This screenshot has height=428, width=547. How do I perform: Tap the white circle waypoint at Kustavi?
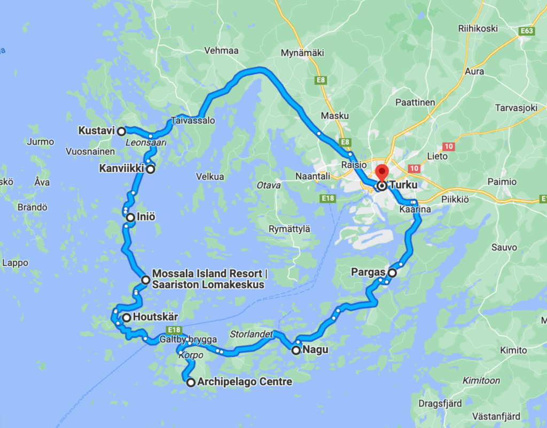(x=121, y=131)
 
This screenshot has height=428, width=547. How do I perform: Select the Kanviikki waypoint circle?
(x=151, y=169)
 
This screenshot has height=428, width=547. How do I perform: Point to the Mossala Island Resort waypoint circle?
(x=145, y=280)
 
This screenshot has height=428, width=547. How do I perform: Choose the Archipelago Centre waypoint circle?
(x=191, y=382)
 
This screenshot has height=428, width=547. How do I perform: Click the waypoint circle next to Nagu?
(x=296, y=350)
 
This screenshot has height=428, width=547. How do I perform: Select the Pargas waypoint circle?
(x=392, y=273)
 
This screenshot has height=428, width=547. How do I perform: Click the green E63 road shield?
(x=527, y=32)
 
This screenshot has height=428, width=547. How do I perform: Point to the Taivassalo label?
(x=193, y=121)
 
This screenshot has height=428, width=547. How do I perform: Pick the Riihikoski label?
(x=478, y=28)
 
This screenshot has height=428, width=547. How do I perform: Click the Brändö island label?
(x=34, y=207)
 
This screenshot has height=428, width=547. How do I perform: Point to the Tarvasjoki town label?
(x=516, y=108)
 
